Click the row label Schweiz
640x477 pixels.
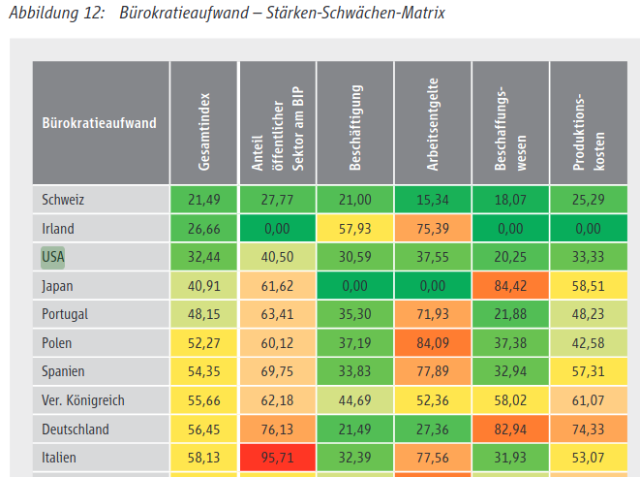pos(64,200)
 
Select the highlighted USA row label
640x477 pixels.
pos(53,257)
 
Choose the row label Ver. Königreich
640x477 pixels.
pos(83,400)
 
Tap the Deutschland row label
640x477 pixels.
pos(76,429)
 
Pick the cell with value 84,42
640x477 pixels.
pos(510,286)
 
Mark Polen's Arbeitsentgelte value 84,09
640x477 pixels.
pos(432,343)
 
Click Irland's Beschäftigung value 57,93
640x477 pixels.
pos(355,229)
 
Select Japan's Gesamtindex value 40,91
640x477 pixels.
pos(203,286)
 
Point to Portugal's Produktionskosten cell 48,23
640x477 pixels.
pos(589,314)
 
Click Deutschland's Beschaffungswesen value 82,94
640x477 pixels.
pos(510,429)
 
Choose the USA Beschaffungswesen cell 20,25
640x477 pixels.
pos(510,257)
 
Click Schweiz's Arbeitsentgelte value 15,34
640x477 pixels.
pos(432,200)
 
